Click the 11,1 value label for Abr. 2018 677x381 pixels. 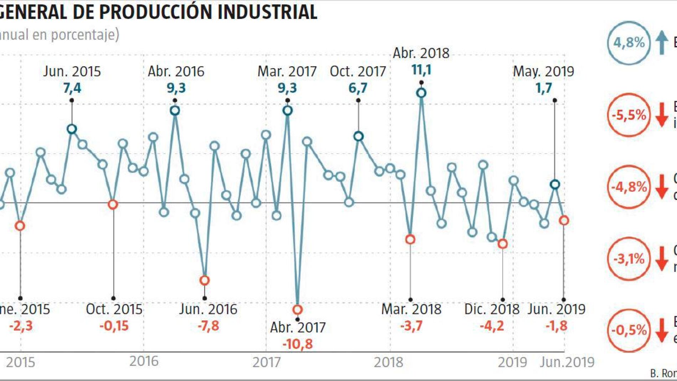coord(421,70)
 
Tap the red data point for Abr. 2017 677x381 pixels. coord(298,309)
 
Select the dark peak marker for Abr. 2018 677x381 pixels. coord(421,93)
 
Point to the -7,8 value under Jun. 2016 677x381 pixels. coord(208,326)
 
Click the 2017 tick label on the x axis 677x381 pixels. coord(267,362)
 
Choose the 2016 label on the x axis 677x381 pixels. coord(144,361)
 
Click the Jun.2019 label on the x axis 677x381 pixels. coord(567,362)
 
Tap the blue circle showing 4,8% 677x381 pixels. coord(629,43)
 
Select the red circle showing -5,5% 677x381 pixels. coord(629,115)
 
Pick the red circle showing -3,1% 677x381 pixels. coord(629,259)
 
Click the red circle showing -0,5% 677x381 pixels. coord(629,330)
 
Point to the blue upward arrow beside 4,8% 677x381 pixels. coord(662,42)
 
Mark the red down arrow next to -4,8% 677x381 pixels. coord(662,187)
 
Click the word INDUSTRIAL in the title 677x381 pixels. coord(267,12)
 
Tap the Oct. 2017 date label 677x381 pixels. coord(358,71)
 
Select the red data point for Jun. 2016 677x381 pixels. coord(205,280)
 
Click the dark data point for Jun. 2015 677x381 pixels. coord(72,129)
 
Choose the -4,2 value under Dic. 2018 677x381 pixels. coord(492,326)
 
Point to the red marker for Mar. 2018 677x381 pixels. coord(410,240)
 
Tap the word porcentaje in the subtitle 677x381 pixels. coord(85,35)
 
